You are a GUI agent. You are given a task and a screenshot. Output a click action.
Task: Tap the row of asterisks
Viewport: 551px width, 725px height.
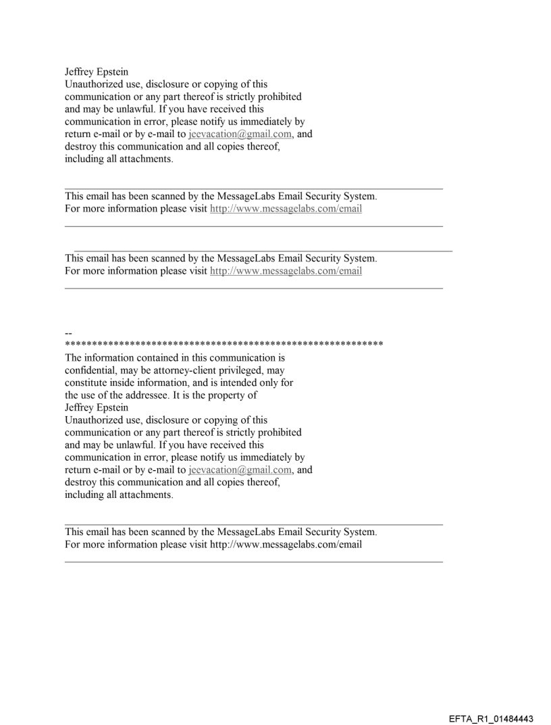point(224,344)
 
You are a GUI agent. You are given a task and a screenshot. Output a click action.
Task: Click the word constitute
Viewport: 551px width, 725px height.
point(87,383)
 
